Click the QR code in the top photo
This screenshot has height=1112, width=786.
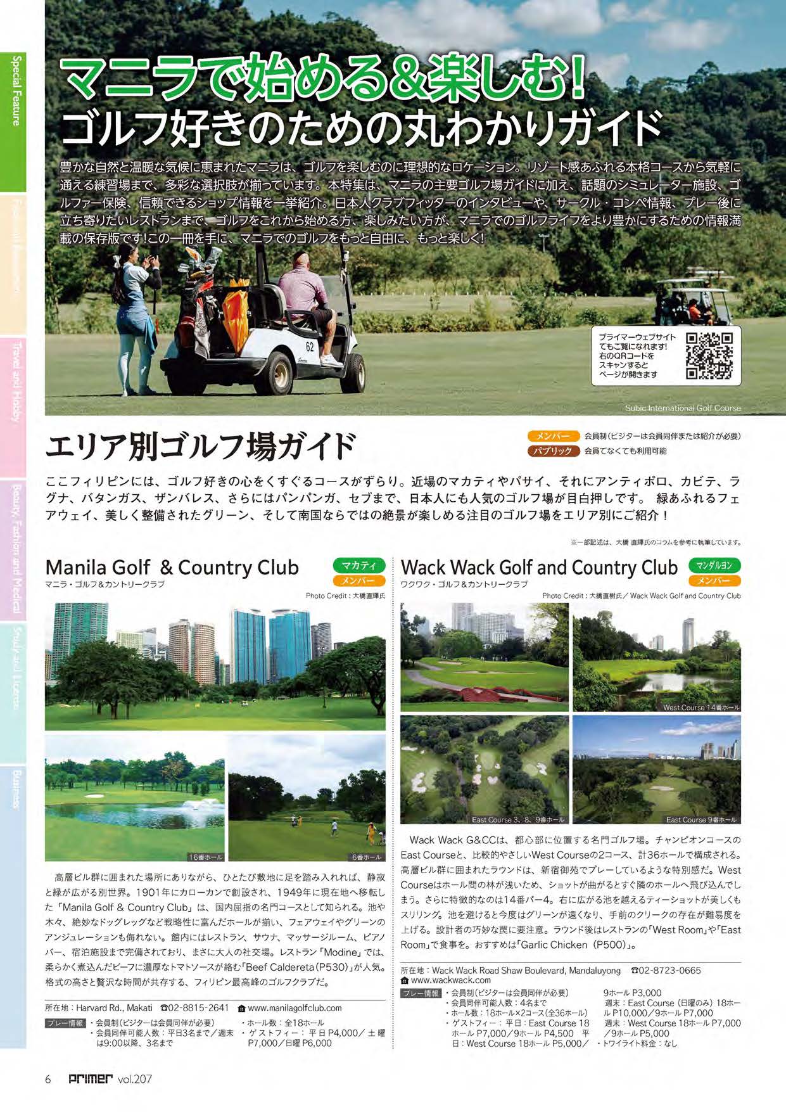pos(709,355)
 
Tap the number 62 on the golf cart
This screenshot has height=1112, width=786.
pos(310,347)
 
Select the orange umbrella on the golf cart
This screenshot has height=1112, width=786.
pos(236,310)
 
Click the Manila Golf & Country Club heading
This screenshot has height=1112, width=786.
pos(172,567)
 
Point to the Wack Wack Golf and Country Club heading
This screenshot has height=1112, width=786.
pos(539,567)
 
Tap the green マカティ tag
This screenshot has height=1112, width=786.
pos(358,565)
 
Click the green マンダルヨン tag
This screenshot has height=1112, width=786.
pos(714,565)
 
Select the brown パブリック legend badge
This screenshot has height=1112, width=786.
pos(553,451)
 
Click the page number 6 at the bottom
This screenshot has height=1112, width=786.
pos(48,1079)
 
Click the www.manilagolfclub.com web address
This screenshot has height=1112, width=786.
pos(295,1008)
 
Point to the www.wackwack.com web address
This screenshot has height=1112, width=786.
pos(450,980)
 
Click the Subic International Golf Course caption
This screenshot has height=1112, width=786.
pos(682,408)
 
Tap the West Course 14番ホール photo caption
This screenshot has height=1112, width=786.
pos(700,707)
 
